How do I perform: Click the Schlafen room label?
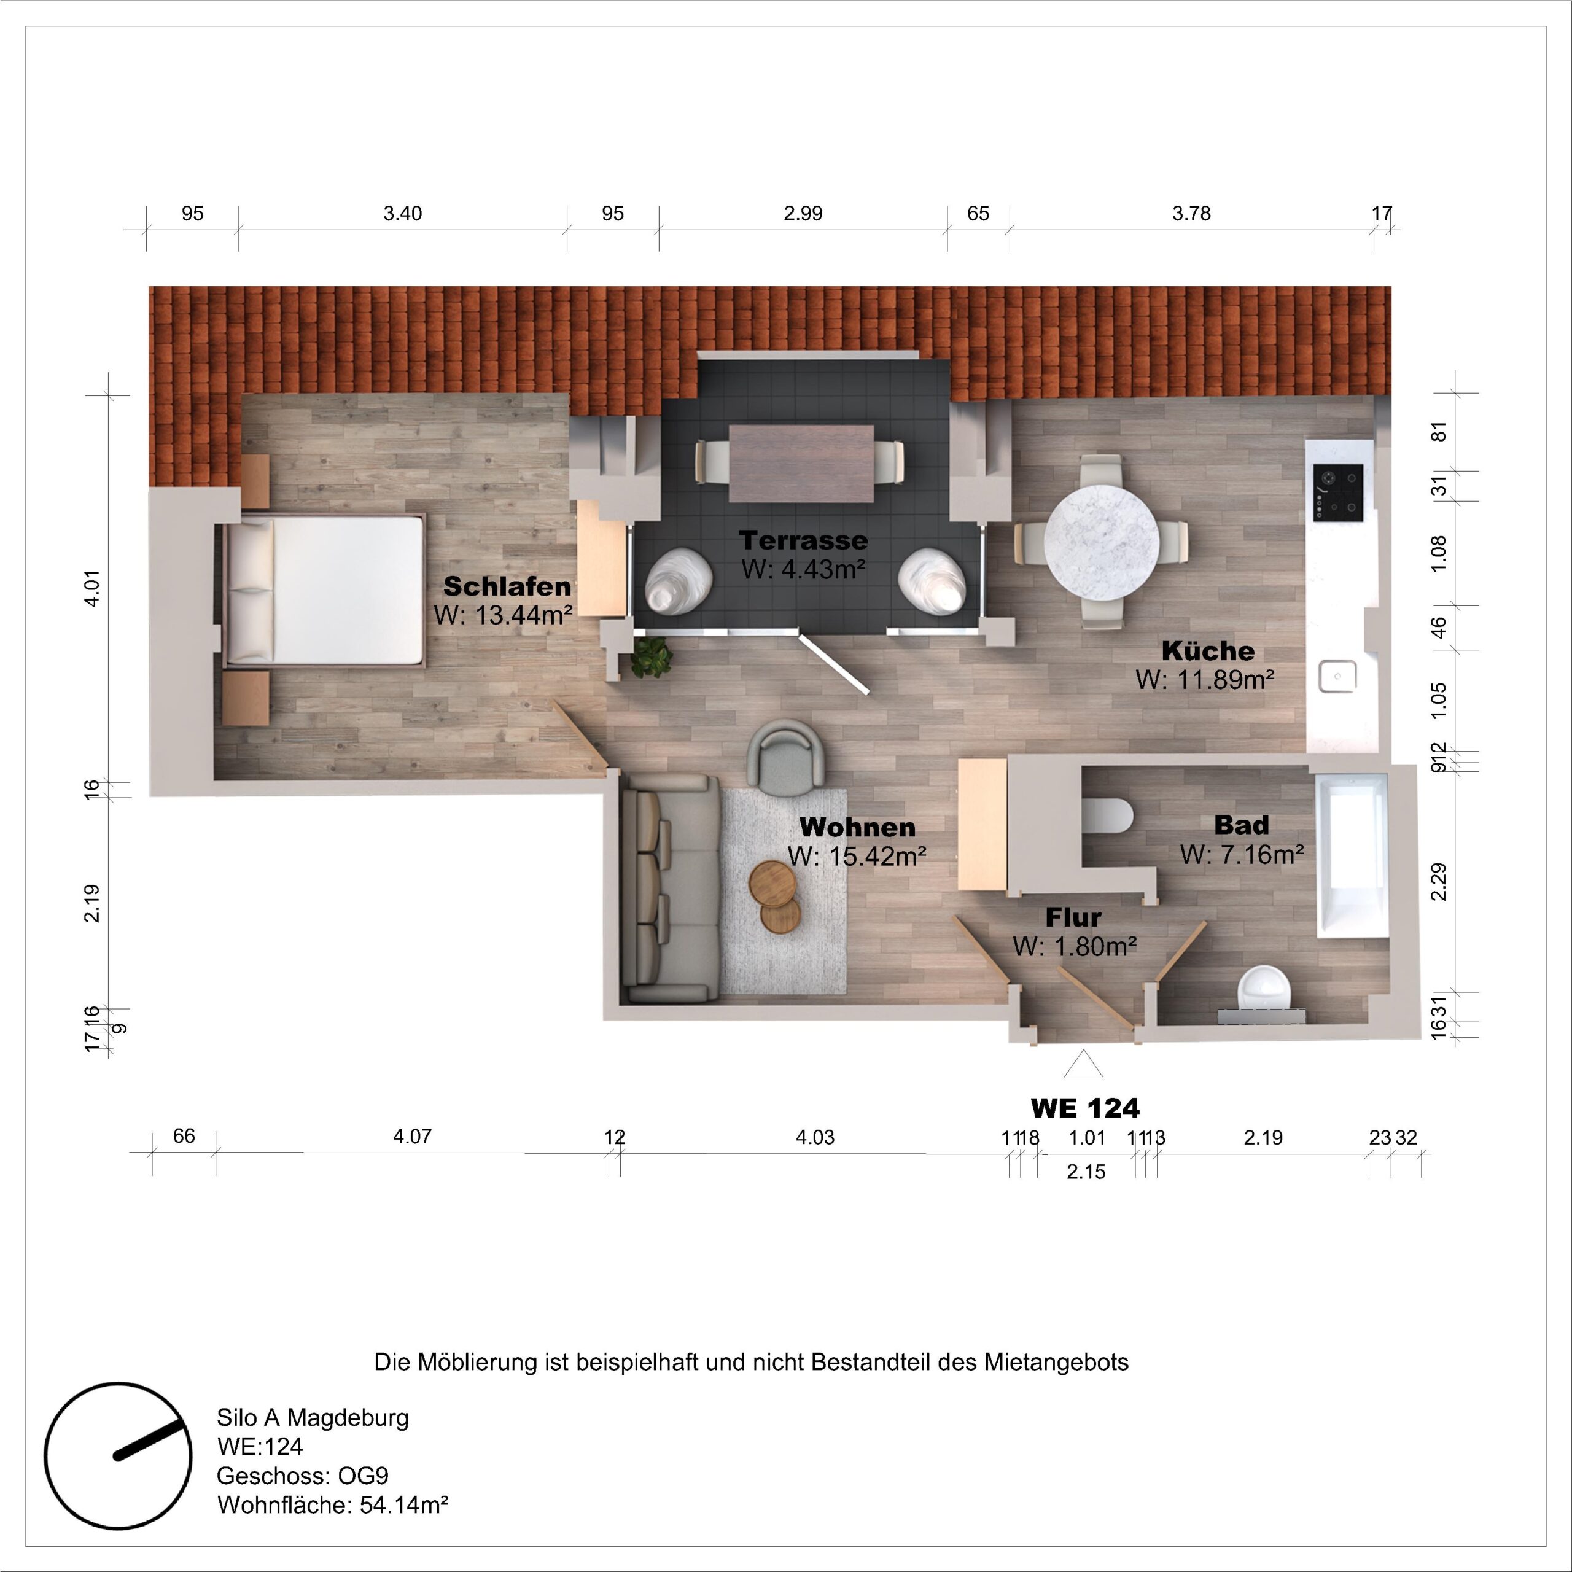point(507,586)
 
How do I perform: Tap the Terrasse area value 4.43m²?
point(803,570)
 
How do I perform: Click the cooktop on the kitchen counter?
point(1339,494)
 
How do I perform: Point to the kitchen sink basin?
point(1337,676)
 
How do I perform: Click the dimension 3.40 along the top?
point(402,213)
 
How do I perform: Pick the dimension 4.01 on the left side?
point(93,588)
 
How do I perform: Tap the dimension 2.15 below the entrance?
point(1086,1172)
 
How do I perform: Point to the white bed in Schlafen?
point(325,590)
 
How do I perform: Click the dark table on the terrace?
point(801,463)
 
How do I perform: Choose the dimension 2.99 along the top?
point(803,213)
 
